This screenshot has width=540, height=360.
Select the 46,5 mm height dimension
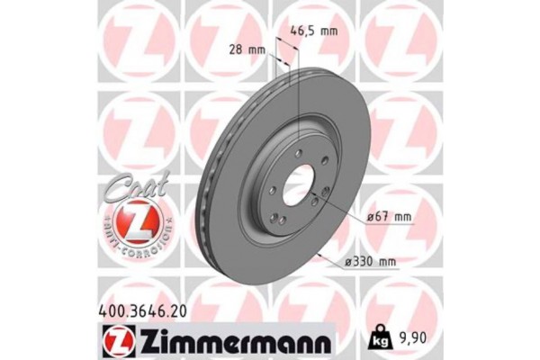(x=317, y=30)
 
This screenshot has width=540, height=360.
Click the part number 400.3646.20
(x=143, y=309)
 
